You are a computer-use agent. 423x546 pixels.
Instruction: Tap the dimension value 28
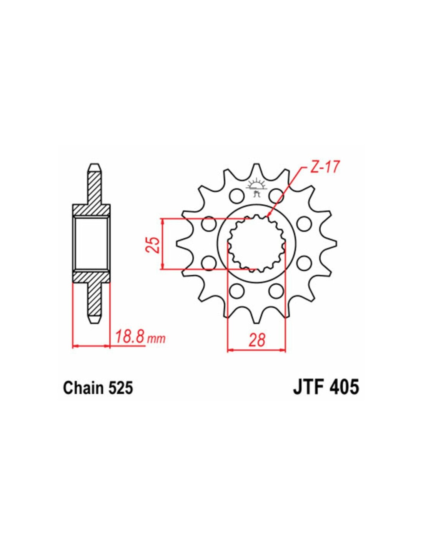pos(256,341)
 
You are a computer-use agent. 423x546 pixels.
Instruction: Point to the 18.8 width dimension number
pos(130,338)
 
